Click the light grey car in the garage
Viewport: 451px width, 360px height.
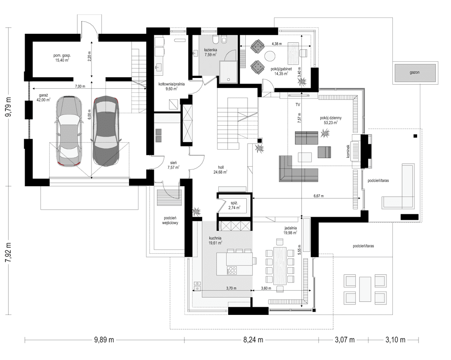[x=68, y=131]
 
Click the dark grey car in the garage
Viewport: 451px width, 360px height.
[x=106, y=131]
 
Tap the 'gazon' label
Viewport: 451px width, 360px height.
[x=414, y=73]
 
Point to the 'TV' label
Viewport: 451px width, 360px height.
[x=298, y=105]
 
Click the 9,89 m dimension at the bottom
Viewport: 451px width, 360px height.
[x=104, y=340]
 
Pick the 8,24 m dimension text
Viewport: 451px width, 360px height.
[x=253, y=340]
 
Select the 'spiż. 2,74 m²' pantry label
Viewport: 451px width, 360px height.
[x=235, y=205]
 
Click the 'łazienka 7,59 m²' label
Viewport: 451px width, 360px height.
[x=211, y=52]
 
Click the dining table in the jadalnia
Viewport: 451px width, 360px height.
[x=280, y=266]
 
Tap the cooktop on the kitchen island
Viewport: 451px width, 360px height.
[x=232, y=270]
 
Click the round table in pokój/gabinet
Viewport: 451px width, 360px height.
[x=270, y=56]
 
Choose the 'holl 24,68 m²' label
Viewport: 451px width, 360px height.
[x=221, y=170]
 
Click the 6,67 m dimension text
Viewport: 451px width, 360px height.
[x=318, y=196]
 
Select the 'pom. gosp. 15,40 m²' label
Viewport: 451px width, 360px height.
[x=62, y=58]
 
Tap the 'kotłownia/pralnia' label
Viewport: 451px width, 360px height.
[x=171, y=84]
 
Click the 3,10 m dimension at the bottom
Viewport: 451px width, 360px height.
[x=396, y=340]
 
